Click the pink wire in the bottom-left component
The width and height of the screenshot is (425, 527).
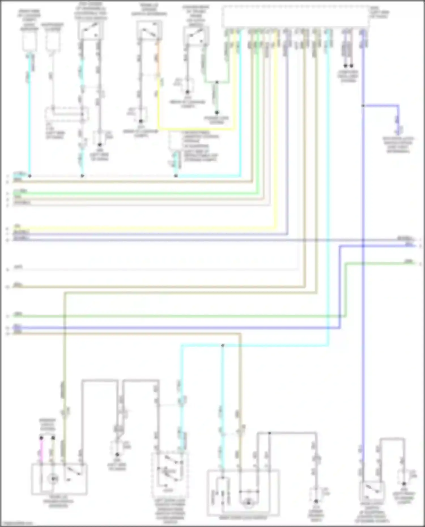pyautogui.click(x=41, y=450)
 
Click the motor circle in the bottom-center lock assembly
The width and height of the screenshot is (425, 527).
pyautogui.click(x=248, y=503)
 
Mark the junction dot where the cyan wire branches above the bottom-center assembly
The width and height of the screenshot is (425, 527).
pyautogui.click(x=223, y=345)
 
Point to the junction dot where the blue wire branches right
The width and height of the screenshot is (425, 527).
pyautogui.click(x=363, y=106)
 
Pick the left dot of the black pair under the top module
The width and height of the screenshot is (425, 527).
pyautogui.click(x=345, y=66)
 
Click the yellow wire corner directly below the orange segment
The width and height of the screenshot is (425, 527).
pyautogui.click(x=158, y=129)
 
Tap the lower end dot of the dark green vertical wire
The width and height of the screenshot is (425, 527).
pyautogui.click(x=217, y=112)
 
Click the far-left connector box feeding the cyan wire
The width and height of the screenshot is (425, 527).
pyautogui.click(x=29, y=42)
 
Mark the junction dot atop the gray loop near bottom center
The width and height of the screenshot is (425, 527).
pyautogui.click(x=269, y=433)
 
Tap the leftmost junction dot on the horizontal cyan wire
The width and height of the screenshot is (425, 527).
pyautogui.click(x=30, y=176)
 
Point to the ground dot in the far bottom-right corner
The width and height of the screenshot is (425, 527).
pyautogui.click(x=404, y=484)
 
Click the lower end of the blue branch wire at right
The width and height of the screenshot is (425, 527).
pyautogui.click(x=398, y=133)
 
